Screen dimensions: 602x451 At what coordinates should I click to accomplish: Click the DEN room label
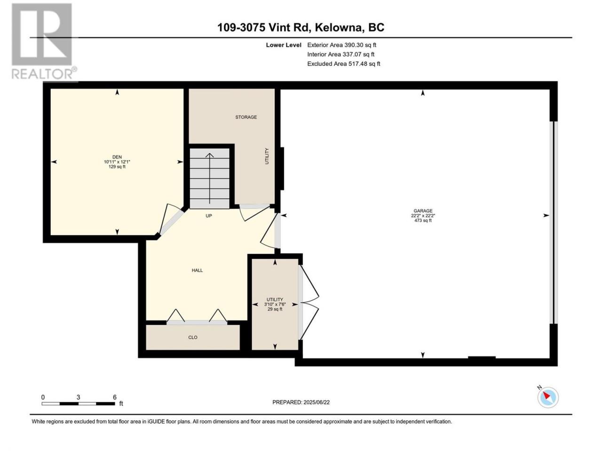pos(117,157)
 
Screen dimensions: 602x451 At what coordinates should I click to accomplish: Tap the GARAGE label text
pos(423,210)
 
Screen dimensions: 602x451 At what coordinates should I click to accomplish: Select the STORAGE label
pos(246,117)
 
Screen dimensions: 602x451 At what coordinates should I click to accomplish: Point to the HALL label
pos(197,270)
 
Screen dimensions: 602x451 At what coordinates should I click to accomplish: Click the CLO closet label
pos(193,337)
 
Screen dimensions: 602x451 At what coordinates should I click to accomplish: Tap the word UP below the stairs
pos(209,216)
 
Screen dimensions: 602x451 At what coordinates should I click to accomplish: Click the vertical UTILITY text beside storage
pos(267,156)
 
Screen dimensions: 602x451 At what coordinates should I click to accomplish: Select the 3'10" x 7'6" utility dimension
pos(275,304)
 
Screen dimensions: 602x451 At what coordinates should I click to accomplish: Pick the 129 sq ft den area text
pos(117,166)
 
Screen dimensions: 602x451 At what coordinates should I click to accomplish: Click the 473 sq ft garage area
pos(423,220)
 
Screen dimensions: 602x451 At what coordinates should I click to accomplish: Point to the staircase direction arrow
pos(210,178)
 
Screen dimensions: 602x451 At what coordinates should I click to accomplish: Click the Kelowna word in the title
pos(338,27)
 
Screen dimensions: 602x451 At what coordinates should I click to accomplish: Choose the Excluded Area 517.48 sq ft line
pos(344,64)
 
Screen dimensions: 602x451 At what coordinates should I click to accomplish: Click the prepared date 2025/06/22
pos(317,402)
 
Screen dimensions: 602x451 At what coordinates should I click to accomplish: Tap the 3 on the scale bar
pos(78,397)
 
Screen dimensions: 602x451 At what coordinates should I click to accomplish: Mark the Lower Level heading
pos(284,45)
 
